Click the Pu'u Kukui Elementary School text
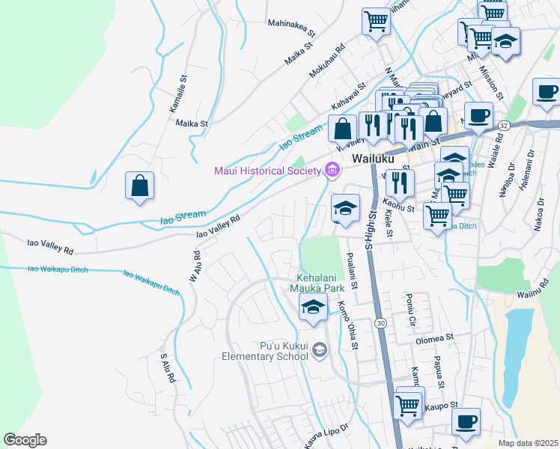point(265,351)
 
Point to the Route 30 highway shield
point(380,323)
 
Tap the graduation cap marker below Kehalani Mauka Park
point(313,307)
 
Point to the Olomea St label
point(436,339)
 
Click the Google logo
point(25,439)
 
